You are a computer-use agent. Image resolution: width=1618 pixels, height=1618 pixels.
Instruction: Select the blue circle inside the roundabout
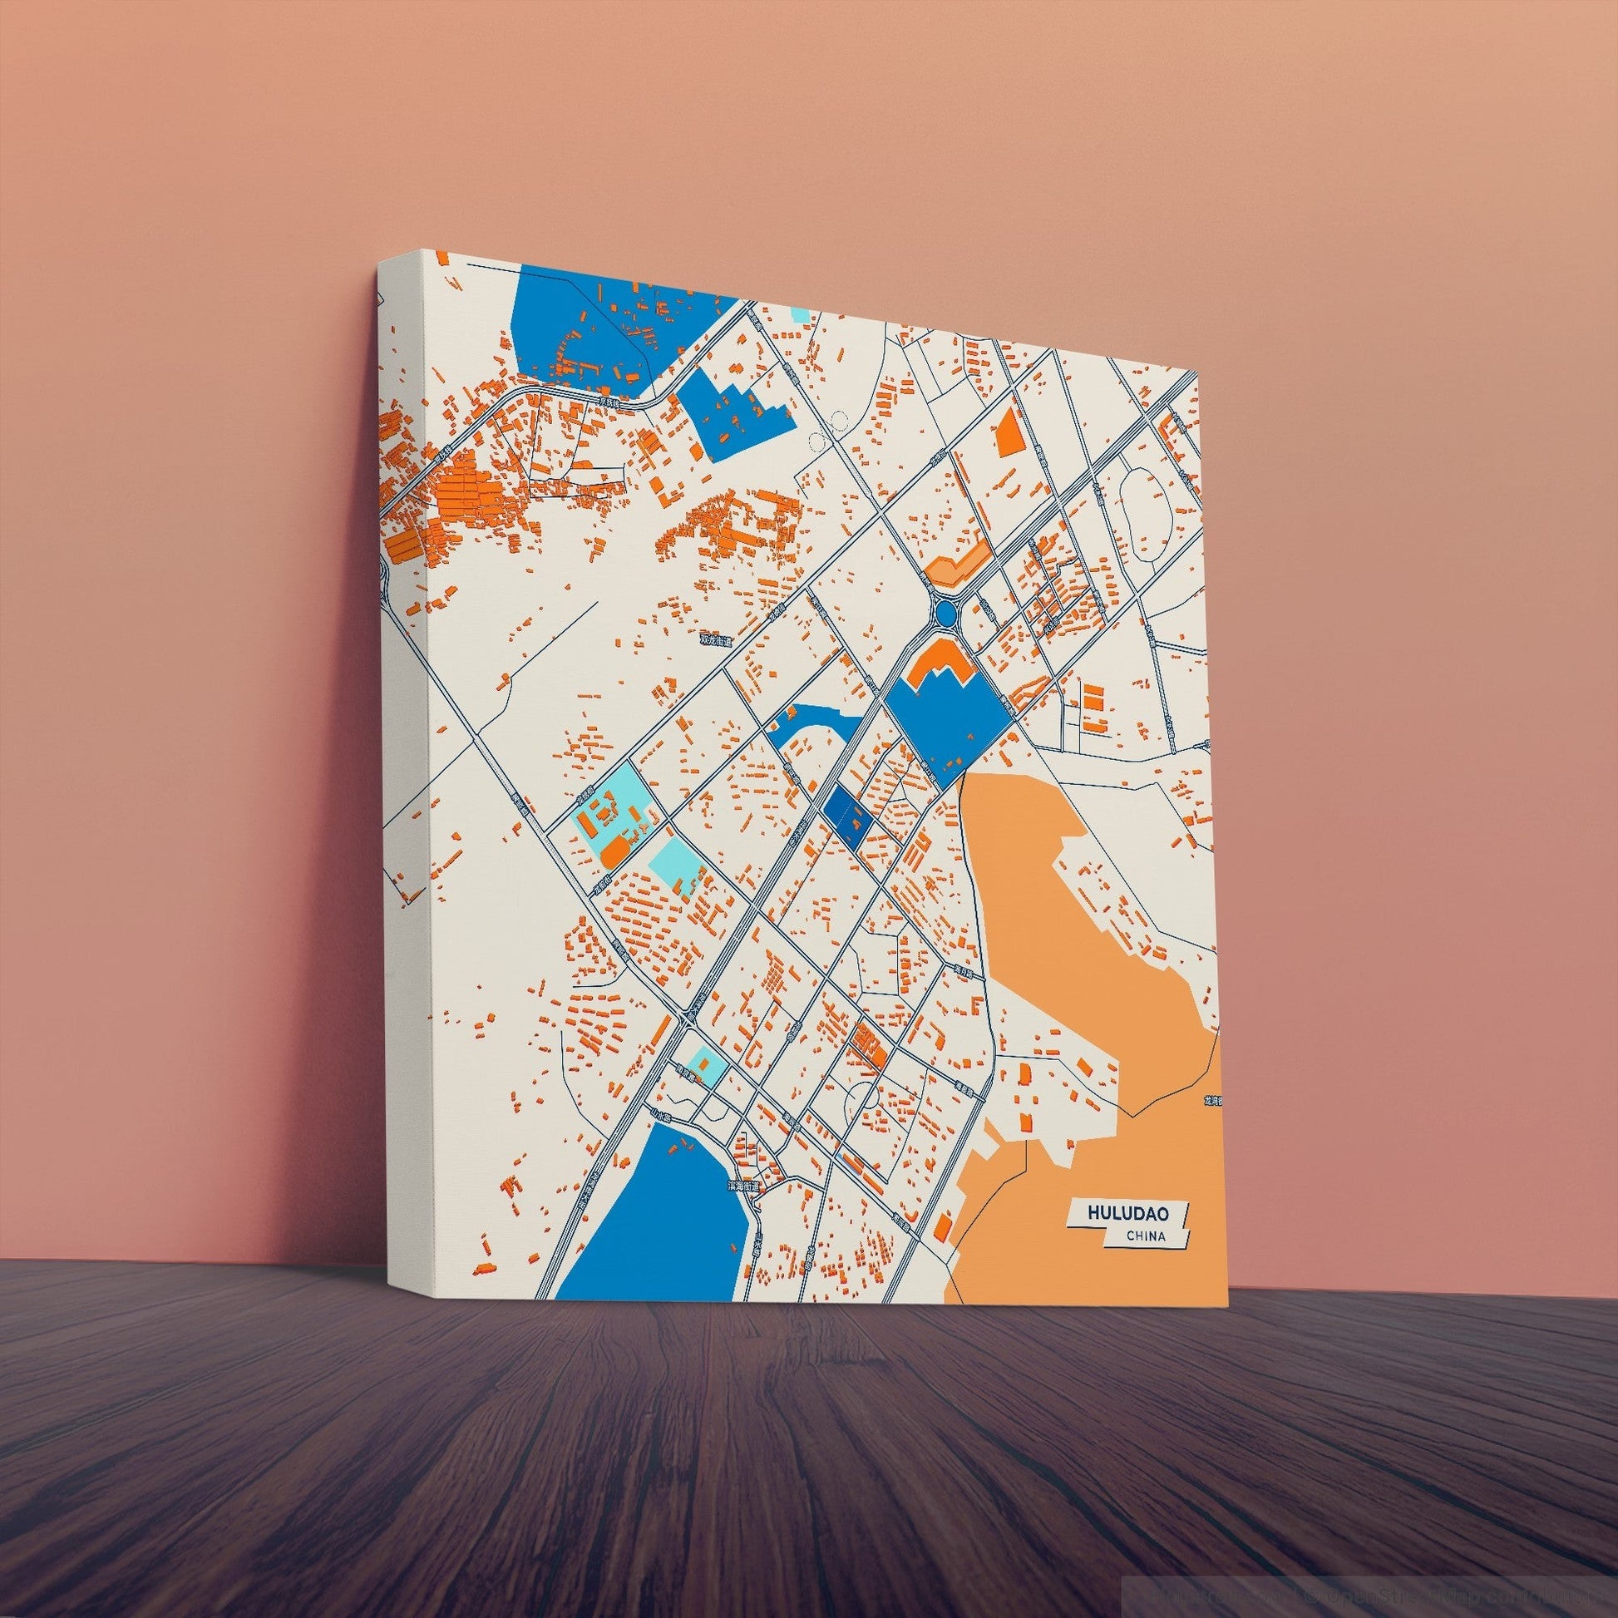[x=946, y=614]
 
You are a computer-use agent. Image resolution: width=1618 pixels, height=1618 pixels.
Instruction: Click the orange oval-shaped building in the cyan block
[x=615, y=851]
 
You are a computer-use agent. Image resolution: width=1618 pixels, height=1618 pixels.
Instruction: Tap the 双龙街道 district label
[x=716, y=641]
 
